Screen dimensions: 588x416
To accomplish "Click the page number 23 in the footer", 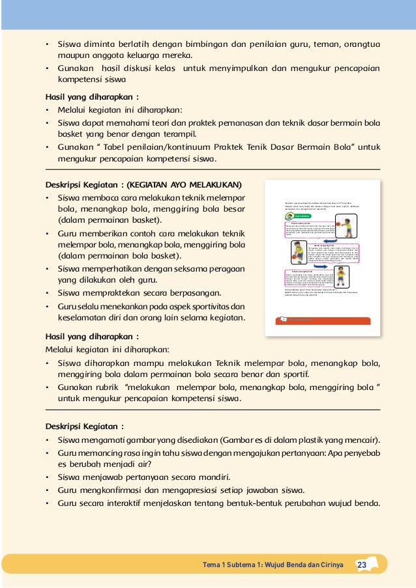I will click(362, 565).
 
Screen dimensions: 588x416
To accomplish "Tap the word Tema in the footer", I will click(212, 565).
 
